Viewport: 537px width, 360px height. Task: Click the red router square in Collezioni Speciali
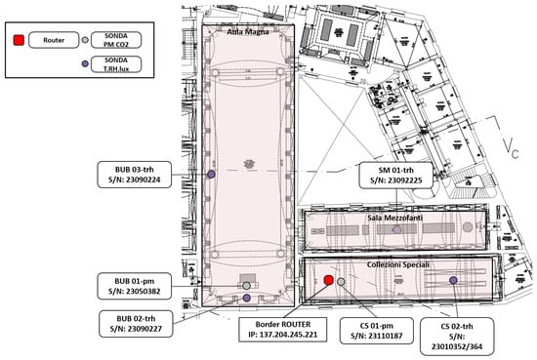pos(328,280)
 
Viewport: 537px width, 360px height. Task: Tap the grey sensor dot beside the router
pos(341,282)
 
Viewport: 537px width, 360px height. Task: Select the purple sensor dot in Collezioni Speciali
pos(453,280)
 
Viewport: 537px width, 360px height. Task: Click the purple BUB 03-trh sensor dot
pos(211,175)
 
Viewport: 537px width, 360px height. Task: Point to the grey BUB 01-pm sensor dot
pos(247,286)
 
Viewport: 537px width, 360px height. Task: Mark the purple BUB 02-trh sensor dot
pos(247,299)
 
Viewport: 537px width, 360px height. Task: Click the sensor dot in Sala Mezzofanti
pos(397,229)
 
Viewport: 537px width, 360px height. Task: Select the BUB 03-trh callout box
pos(135,175)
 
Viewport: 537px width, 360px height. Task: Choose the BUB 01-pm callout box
pos(135,286)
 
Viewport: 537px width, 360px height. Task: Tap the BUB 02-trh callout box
pos(136,324)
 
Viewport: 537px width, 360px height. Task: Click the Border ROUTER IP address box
pos(282,330)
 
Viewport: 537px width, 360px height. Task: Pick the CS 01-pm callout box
pos(376,331)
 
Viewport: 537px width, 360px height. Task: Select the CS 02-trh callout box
pos(457,337)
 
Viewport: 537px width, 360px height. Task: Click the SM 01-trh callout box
pos(395,176)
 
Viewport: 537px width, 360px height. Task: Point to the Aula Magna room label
pos(248,32)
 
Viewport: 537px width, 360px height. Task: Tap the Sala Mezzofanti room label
pos(394,218)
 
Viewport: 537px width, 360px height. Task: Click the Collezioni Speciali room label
pos(398,264)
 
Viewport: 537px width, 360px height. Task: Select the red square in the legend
pos(19,40)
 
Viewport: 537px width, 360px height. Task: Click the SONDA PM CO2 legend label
pos(116,40)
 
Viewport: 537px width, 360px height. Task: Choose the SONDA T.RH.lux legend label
pos(116,64)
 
